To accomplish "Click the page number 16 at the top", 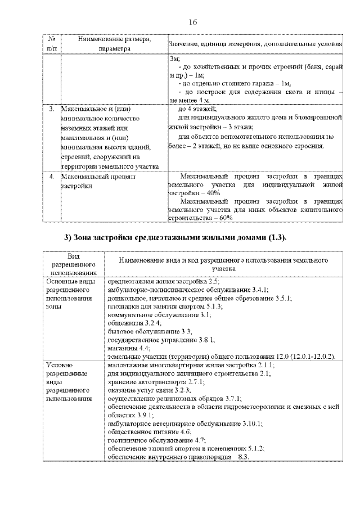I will point(192,22).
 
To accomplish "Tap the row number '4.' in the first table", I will point(51,177).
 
